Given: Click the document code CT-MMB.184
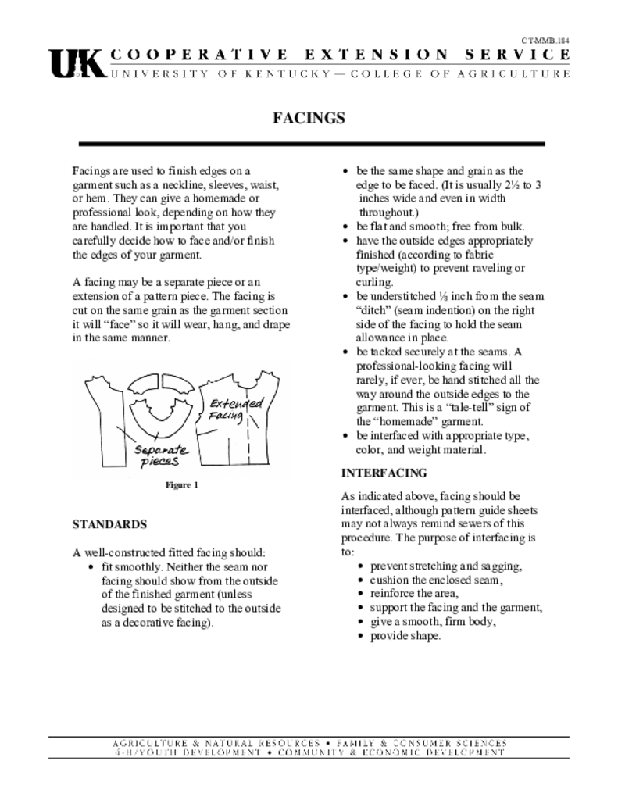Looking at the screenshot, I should pyautogui.click(x=545, y=40).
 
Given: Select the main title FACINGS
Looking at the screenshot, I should pyautogui.click(x=309, y=118).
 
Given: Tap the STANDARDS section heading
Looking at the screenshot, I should pyautogui.click(x=109, y=523).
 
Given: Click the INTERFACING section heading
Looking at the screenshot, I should pyautogui.click(x=384, y=473).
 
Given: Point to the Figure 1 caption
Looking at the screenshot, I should pyautogui.click(x=182, y=484).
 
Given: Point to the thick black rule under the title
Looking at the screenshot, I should pyautogui.click(x=312, y=145).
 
